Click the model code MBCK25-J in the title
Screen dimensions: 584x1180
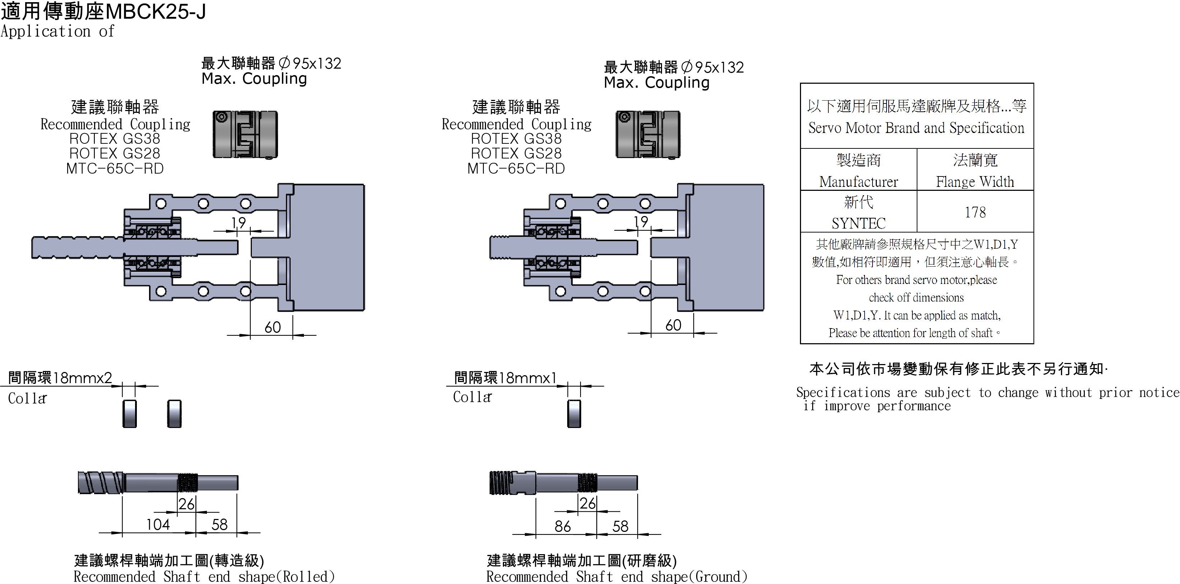point(156,12)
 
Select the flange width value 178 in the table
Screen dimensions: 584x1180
point(975,212)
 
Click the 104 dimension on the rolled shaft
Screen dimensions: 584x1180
point(158,524)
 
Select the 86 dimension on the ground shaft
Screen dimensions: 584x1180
point(563,526)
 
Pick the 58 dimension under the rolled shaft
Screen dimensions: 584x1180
point(219,524)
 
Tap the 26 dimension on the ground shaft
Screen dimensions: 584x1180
point(587,503)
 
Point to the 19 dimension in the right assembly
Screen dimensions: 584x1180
point(641,222)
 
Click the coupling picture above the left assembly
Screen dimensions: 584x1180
point(245,134)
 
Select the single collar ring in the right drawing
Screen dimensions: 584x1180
point(574,414)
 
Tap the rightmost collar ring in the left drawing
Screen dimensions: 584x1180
point(175,414)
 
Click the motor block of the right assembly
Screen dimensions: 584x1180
point(728,248)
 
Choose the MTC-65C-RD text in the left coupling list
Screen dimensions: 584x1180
point(115,169)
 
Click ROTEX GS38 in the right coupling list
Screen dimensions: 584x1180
point(516,138)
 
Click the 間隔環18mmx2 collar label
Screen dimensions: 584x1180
point(60,378)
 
